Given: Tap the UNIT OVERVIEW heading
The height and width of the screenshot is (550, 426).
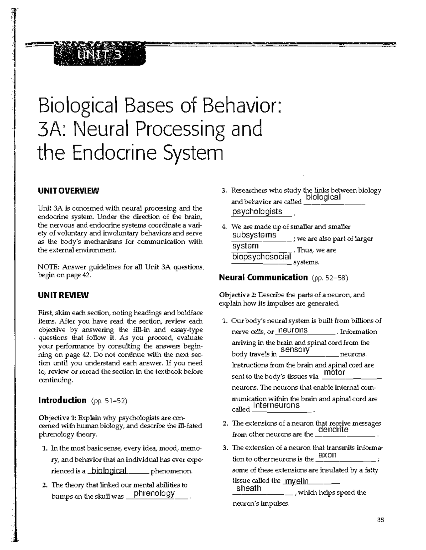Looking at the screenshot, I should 69,191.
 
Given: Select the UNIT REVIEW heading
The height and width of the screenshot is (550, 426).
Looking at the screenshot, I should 63,295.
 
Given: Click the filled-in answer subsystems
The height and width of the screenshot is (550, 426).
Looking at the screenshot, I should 254,235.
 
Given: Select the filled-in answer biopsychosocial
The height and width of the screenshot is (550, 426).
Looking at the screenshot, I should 262,257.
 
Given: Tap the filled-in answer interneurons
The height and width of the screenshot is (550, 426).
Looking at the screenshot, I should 277,405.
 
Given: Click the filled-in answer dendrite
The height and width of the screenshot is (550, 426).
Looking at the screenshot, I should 333,430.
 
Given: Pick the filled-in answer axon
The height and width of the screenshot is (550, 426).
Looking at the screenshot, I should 327,455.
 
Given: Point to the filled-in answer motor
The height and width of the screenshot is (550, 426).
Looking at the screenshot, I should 334,372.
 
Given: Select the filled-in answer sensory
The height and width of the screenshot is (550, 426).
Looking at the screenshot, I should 295,349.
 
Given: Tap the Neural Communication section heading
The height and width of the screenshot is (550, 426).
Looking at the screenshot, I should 263,277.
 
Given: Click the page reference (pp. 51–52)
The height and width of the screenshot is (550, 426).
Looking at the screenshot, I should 109,401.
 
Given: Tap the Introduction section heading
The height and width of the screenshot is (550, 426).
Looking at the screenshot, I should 62,401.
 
